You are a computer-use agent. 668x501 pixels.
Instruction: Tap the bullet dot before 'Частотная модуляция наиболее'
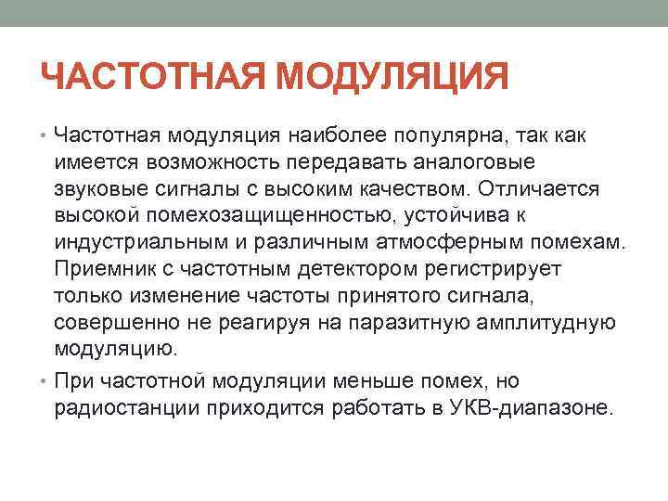click(x=45, y=136)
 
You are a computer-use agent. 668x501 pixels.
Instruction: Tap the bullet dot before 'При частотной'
click(x=45, y=379)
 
